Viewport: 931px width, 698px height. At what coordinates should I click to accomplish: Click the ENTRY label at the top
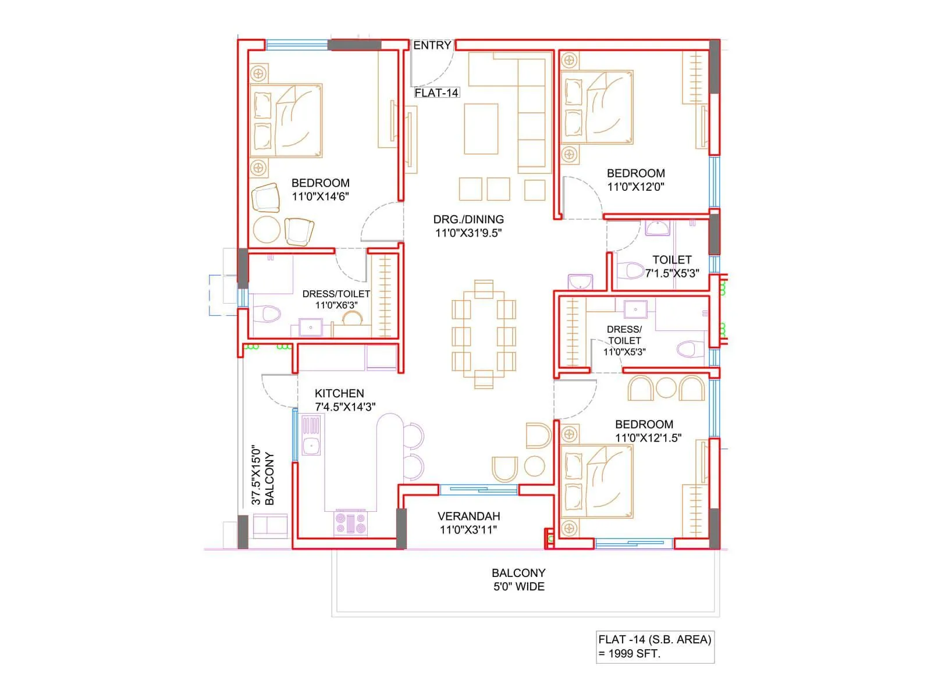click(x=432, y=45)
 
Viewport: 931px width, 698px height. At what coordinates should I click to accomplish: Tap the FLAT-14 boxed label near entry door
click(x=436, y=92)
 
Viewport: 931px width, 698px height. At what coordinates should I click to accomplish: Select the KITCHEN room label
click(x=339, y=393)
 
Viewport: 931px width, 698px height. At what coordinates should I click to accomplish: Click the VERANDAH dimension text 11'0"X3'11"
click(x=468, y=529)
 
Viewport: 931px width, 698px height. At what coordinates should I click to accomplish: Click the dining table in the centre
click(x=484, y=334)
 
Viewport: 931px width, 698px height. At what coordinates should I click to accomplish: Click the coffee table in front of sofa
click(x=481, y=129)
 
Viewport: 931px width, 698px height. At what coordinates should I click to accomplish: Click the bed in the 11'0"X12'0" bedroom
click(x=597, y=108)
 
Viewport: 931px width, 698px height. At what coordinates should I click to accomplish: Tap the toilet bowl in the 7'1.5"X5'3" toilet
click(x=630, y=270)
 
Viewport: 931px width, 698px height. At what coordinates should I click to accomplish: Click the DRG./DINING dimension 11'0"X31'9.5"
click(x=468, y=233)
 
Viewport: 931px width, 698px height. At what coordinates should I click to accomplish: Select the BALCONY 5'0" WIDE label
click(x=518, y=579)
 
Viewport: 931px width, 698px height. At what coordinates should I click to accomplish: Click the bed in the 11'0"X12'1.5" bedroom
click(x=597, y=482)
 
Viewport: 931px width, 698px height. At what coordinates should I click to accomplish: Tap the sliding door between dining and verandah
click(x=478, y=490)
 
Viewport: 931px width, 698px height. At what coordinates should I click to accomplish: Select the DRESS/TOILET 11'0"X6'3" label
click(x=336, y=299)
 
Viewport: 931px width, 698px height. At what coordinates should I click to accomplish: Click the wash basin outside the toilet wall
click(x=580, y=282)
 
